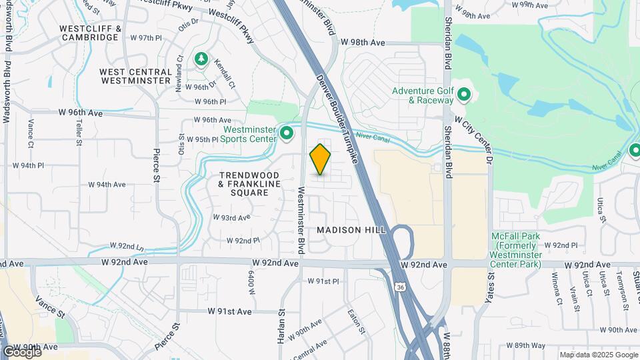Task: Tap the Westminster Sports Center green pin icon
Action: [287, 134]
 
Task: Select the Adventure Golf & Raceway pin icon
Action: [465, 95]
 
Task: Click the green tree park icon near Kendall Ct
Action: [201, 60]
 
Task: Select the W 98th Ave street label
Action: [363, 42]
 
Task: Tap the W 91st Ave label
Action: [229, 311]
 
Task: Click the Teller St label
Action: [79, 133]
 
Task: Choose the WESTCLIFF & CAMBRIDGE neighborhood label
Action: [89, 33]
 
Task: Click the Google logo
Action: [21, 351]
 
